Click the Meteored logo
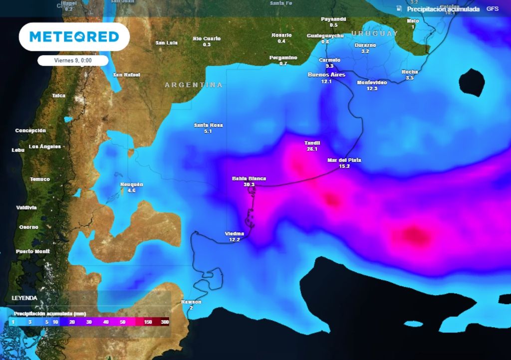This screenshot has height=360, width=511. [74, 37]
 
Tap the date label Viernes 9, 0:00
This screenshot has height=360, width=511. [73, 60]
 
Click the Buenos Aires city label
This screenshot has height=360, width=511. [326, 75]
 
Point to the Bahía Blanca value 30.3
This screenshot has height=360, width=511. [249, 184]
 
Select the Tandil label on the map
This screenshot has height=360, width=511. [312, 143]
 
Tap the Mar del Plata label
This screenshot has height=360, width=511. [344, 160]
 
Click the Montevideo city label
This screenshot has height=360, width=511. [372, 82]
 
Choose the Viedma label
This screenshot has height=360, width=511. [235, 233]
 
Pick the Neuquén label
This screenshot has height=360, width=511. [132, 184]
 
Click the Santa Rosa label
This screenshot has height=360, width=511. [208, 125]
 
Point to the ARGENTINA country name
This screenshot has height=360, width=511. [194, 85]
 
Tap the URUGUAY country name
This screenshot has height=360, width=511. [374, 33]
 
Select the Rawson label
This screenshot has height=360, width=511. [191, 302]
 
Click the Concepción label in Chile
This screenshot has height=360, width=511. [30, 131]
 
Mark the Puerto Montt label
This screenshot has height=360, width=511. [32, 251]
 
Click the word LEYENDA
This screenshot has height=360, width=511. [24, 298]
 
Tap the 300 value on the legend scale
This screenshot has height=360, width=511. [164, 323]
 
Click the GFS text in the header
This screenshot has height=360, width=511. [492, 9]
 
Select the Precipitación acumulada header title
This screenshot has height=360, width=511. [443, 9]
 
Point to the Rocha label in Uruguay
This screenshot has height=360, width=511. [410, 72]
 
